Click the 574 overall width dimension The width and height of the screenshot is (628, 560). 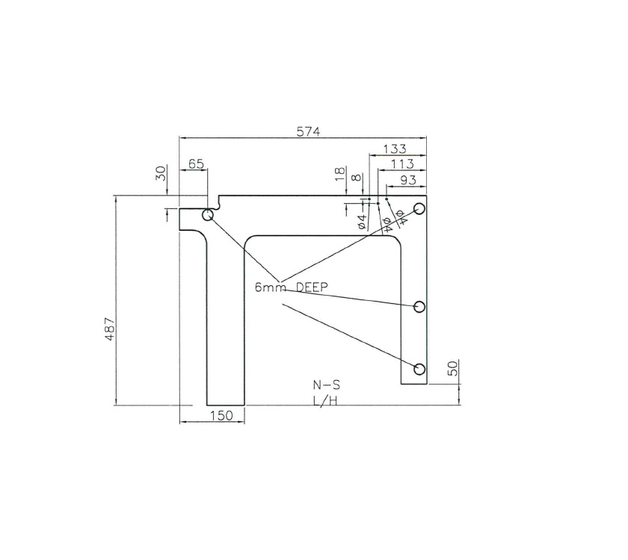[x=308, y=131]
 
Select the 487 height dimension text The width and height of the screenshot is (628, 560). [x=109, y=329]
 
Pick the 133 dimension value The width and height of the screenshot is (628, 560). [x=395, y=149]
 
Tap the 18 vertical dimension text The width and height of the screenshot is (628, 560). [x=339, y=175]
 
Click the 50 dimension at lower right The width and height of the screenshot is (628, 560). [x=452, y=369]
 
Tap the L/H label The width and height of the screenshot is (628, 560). [x=325, y=401]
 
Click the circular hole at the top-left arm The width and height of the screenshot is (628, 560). [x=208, y=216]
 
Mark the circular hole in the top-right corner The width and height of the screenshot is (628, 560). [x=419, y=208]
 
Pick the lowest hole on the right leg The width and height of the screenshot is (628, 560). [x=419, y=368]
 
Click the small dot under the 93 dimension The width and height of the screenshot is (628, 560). [x=387, y=199]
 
